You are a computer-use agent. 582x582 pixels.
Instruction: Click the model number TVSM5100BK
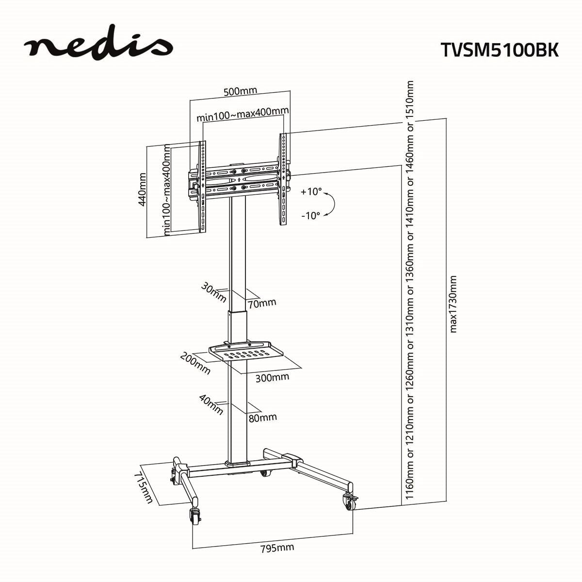[499, 50]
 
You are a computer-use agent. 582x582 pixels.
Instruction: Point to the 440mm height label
[143, 190]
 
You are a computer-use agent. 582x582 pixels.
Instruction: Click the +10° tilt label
[311, 192]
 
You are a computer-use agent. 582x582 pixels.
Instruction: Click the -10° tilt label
[310, 216]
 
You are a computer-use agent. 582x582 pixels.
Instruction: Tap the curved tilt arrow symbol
[331, 203]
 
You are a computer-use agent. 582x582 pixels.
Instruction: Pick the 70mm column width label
[261, 303]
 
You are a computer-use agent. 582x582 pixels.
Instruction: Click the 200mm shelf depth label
[195, 363]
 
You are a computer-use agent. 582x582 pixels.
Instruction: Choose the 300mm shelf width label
[272, 377]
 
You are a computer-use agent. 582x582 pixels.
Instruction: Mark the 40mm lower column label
[211, 404]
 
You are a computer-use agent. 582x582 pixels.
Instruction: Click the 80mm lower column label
[262, 417]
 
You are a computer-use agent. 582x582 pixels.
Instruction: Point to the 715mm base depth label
[144, 486]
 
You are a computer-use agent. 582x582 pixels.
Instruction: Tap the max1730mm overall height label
[453, 304]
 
